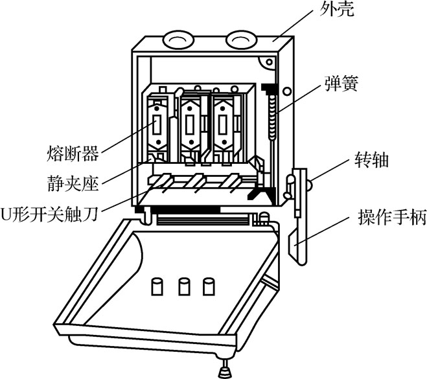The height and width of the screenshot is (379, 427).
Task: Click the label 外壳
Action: (337, 10)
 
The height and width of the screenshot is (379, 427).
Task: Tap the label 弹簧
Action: (340, 83)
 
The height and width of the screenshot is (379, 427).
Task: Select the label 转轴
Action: (371, 160)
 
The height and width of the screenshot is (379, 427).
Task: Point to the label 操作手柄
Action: (392, 218)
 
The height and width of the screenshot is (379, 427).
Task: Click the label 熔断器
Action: (73, 154)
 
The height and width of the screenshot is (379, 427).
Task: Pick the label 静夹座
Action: (73, 183)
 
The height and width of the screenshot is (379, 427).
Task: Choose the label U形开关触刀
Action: (49, 214)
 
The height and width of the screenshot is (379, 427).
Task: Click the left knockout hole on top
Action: (178, 41)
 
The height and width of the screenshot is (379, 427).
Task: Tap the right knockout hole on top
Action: (241, 41)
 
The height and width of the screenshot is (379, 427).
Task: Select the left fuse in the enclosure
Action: (157, 125)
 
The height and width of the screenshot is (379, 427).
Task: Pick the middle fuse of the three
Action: (190, 125)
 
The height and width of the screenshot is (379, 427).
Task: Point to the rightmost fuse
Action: (224, 125)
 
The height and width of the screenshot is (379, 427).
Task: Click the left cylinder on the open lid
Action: (157, 286)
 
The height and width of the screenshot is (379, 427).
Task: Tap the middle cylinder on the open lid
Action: (184, 286)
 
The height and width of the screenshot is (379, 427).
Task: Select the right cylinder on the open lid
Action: (209, 286)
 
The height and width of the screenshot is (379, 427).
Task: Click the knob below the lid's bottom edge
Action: (225, 371)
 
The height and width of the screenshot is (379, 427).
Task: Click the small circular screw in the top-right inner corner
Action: (270, 62)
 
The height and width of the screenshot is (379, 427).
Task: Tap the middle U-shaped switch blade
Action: (196, 181)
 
